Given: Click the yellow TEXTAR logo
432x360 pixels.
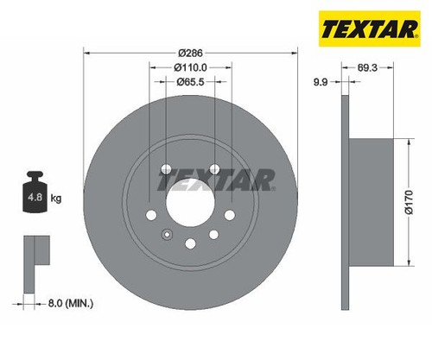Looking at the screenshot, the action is [370, 28].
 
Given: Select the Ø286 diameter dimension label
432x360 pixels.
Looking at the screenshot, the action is [190, 53].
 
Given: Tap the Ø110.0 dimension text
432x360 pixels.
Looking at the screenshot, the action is [190, 67].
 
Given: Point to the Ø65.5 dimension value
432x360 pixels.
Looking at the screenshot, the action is [190, 82].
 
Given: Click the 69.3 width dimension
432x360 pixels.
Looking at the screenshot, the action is [367, 67].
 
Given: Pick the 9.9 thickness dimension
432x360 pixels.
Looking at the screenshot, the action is [321, 82].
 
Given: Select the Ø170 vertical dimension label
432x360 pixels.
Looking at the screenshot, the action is [410, 202].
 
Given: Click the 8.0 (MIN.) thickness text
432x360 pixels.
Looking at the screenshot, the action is [71, 303].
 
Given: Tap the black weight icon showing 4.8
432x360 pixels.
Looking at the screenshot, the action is [35, 192].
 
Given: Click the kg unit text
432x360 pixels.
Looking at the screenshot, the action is [56, 198].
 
